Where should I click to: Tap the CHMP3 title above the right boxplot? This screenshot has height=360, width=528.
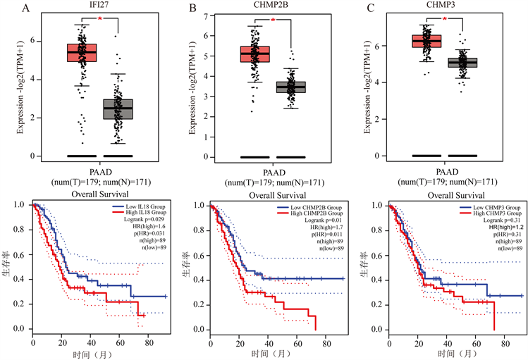[x=447, y=8]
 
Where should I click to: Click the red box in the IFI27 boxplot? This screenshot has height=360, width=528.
[x=82, y=53]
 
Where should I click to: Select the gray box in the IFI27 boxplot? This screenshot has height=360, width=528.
[x=118, y=108]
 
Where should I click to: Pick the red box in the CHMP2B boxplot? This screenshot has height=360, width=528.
[x=255, y=54]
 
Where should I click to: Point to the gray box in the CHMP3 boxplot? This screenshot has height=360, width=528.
[x=463, y=62]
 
